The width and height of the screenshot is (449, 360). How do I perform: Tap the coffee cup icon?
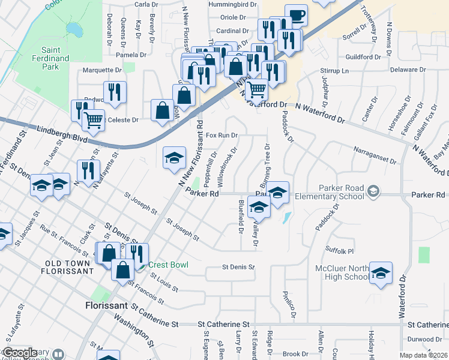(x=296, y=14)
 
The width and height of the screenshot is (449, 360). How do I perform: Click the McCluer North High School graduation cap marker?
(x=380, y=273)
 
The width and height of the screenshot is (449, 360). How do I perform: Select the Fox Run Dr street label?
(x=223, y=136)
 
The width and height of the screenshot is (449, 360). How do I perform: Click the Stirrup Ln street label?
(x=336, y=71)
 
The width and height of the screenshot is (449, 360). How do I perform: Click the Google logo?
(x=20, y=353)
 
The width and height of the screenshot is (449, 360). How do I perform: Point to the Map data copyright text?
(x=422, y=355)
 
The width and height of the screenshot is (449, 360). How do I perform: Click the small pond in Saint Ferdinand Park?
(x=74, y=28)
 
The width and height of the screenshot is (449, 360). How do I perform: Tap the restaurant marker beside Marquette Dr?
(x=114, y=92)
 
